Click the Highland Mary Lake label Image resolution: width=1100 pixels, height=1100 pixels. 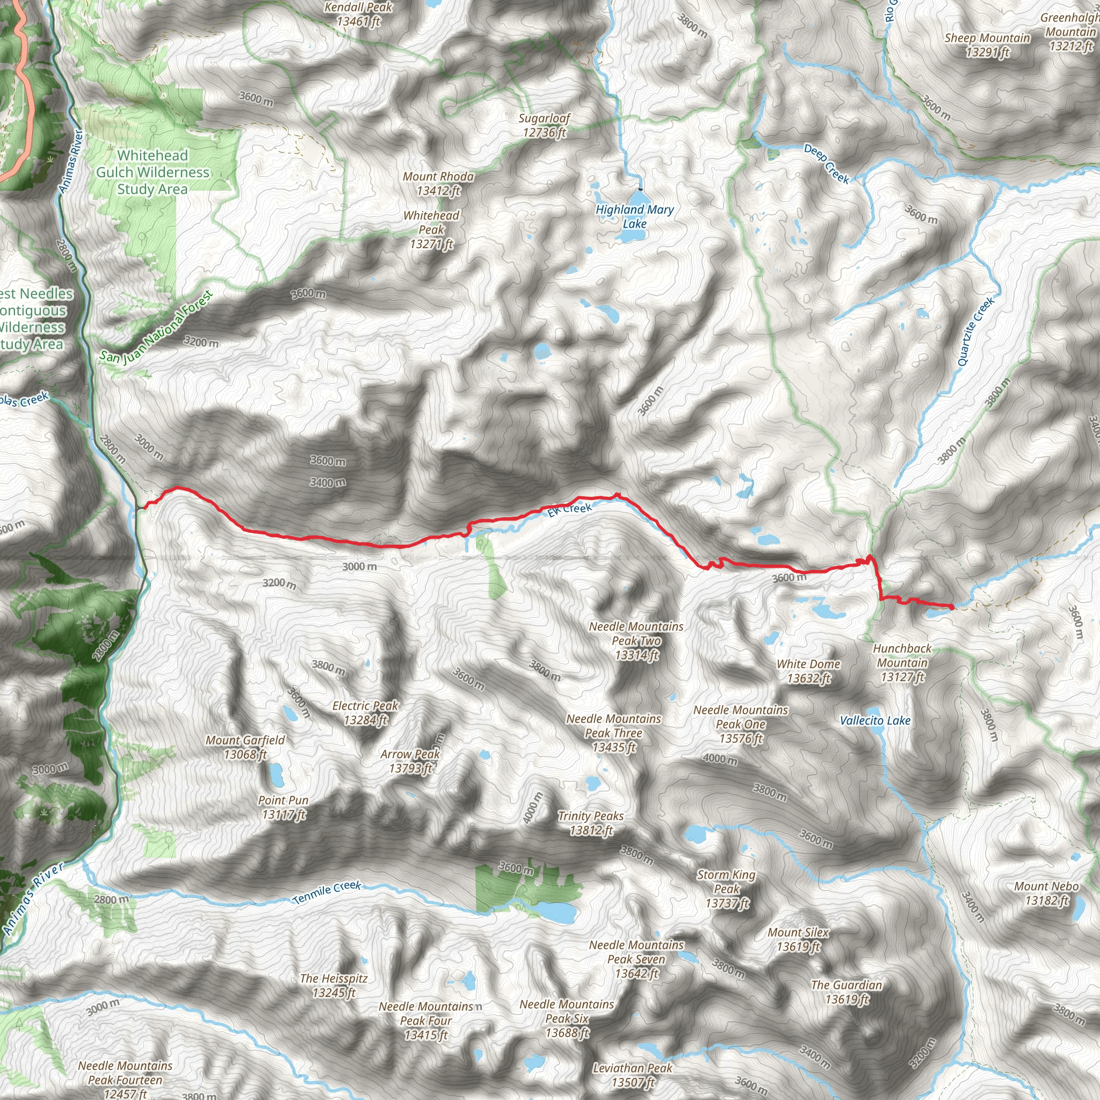coord(634,216)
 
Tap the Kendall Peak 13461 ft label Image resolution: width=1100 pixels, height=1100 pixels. coord(358,15)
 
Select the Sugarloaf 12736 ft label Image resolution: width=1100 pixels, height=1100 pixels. coord(544,125)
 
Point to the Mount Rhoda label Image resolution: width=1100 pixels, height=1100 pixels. coord(438,183)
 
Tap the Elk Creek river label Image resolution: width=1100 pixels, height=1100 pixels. coord(569,509)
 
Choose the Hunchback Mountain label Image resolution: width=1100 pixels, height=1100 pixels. coord(902,662)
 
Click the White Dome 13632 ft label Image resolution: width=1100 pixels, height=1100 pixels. coord(808,671)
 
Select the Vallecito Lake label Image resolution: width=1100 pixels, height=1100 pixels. coord(875,720)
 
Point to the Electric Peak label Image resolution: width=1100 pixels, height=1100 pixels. coord(366,712)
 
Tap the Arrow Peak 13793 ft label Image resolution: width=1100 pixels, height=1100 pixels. coord(410,761)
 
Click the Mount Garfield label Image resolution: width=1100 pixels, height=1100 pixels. coord(245,747)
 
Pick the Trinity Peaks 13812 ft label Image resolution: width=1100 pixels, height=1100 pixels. coord(591,823)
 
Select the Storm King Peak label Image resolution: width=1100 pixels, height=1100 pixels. coord(727,888)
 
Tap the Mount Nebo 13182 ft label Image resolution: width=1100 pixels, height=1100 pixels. coord(1046,893)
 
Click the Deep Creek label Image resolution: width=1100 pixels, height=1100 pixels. coord(827,164)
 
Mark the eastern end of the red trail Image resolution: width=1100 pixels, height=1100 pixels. coord(951,607)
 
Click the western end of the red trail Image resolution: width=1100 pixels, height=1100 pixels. coord(143,505)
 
